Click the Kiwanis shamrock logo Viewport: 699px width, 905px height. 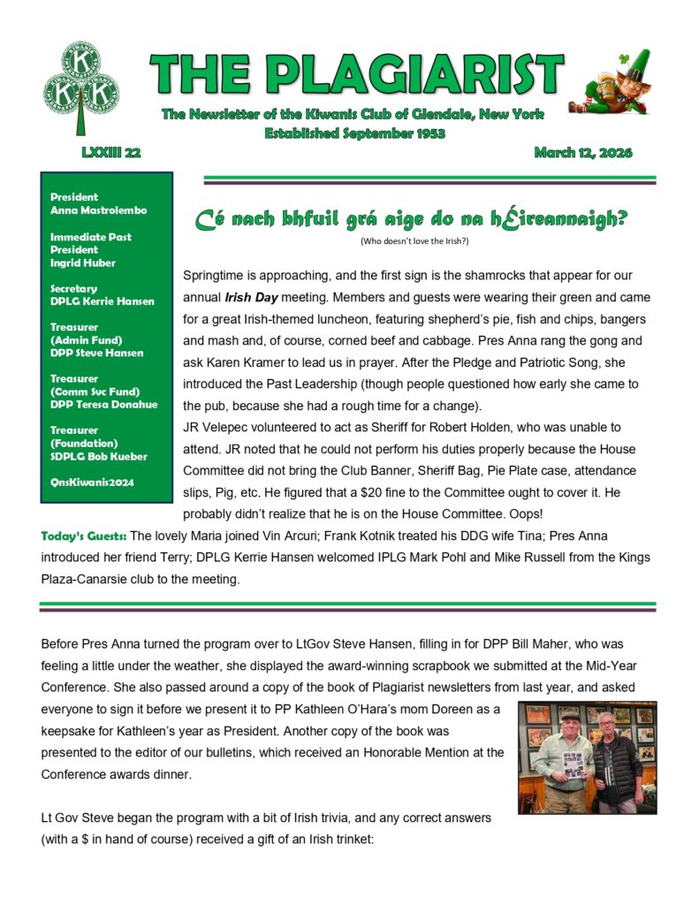(80, 88)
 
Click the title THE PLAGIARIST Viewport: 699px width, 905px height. (356, 74)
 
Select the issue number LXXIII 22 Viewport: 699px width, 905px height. (111, 153)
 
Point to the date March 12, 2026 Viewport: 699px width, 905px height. (583, 153)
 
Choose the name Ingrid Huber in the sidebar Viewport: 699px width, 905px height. (84, 262)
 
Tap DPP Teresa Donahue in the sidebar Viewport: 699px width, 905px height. (103, 405)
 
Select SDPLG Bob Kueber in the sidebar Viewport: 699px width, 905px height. (99, 456)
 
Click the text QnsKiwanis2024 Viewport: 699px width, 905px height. (91, 483)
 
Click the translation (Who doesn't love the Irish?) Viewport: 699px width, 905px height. (414, 241)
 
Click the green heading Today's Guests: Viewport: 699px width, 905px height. (84, 536)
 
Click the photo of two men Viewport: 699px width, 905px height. (587, 757)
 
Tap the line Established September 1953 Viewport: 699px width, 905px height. (355, 133)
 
